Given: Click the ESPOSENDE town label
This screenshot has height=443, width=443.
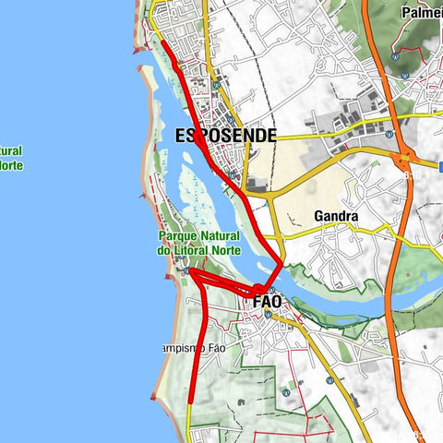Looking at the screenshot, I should (225, 136).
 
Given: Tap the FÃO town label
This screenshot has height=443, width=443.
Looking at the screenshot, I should (267, 301).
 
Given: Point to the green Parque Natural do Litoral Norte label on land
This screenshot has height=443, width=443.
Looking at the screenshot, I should (198, 244).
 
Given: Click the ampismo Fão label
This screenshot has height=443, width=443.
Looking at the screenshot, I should (190, 348).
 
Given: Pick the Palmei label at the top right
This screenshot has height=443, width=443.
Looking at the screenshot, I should (421, 13).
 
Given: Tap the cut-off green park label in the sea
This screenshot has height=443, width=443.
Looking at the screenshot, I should (11, 158).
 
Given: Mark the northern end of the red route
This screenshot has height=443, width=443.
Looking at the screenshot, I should (162, 41).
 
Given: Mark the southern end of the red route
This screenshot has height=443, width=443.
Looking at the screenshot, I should (189, 402).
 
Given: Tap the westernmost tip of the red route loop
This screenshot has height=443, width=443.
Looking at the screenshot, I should (188, 271).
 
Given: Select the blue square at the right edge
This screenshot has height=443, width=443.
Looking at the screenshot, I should (440, 166).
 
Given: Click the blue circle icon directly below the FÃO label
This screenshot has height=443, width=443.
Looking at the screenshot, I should (268, 314).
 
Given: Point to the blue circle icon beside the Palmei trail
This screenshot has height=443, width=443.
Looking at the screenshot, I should (396, 55).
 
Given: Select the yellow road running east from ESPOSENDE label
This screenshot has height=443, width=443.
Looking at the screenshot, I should (314, 136).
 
